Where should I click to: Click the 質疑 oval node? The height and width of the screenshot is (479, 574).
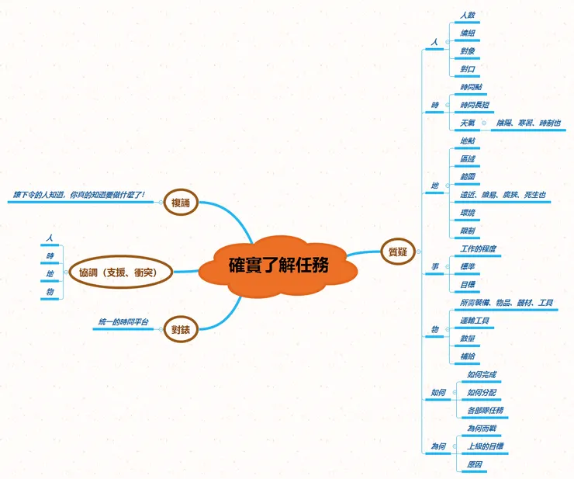[x=398, y=250]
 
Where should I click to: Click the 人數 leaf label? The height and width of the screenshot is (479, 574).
[x=468, y=15]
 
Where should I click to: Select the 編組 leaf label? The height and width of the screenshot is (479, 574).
[x=468, y=33]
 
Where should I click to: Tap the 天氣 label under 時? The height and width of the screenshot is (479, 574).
[x=468, y=123]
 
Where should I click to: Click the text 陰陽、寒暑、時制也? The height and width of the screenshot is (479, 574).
[x=527, y=123]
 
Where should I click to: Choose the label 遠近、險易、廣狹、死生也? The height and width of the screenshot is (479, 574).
[x=503, y=194]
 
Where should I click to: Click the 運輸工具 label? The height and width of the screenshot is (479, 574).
[x=474, y=320]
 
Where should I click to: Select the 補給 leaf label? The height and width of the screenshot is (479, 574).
[x=468, y=356]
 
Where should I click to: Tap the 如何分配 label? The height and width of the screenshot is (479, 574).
[x=481, y=392]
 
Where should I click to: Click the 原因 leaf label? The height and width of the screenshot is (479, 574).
[x=474, y=464]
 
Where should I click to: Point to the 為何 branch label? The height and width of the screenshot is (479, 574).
[x=438, y=446]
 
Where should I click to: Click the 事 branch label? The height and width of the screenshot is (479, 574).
[x=435, y=267]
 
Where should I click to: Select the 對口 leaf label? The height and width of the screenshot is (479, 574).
[x=468, y=68]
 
